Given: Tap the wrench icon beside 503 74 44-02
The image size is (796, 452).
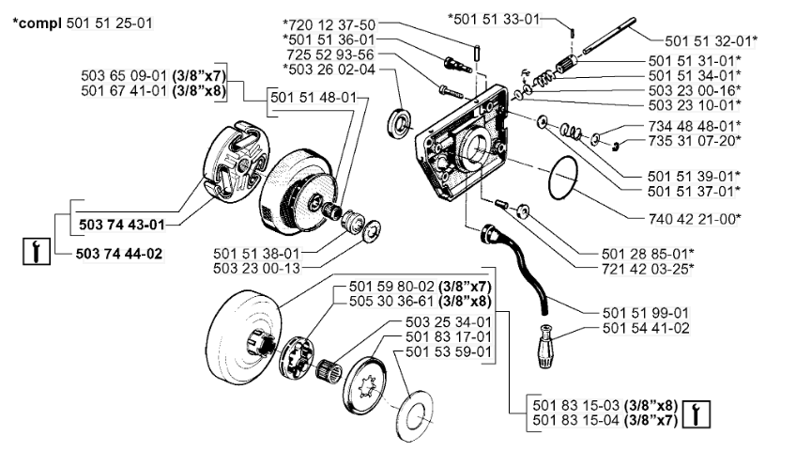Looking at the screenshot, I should point(35,251).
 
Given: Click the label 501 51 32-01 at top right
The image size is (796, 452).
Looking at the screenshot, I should point(711,41).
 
